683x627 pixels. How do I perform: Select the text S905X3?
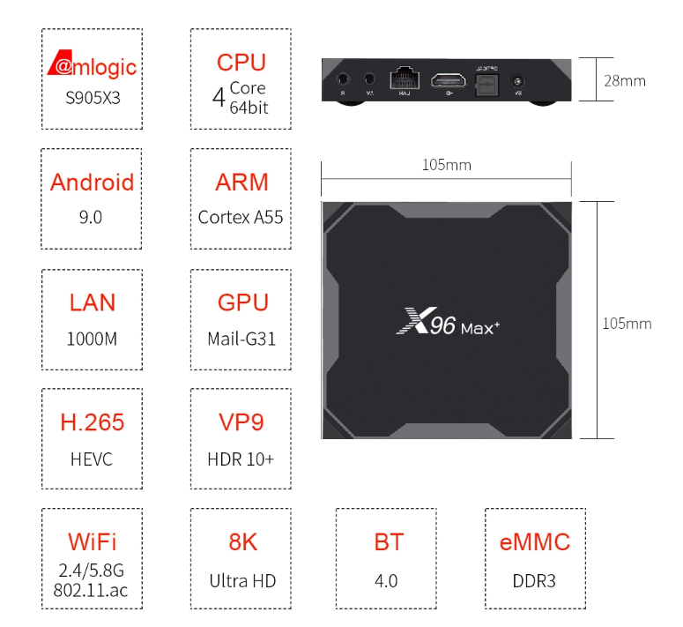[92, 97]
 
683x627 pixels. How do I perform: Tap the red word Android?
[92, 183]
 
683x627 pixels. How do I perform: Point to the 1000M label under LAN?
[92, 339]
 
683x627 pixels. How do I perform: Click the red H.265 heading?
[92, 422]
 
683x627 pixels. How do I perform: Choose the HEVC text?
[92, 459]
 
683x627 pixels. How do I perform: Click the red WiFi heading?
[92, 541]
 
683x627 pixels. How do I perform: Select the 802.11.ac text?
[92, 590]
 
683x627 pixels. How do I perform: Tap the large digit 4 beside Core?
[219, 96]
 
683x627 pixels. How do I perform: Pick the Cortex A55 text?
[241, 217]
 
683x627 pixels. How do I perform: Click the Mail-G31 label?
[241, 339]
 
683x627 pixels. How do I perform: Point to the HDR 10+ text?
[241, 459]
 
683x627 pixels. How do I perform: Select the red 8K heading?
[241, 541]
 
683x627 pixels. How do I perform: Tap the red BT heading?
[389, 541]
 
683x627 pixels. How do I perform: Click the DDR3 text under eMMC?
[534, 580]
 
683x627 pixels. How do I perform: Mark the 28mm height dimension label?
[624, 81]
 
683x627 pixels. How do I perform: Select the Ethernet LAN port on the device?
[405, 78]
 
